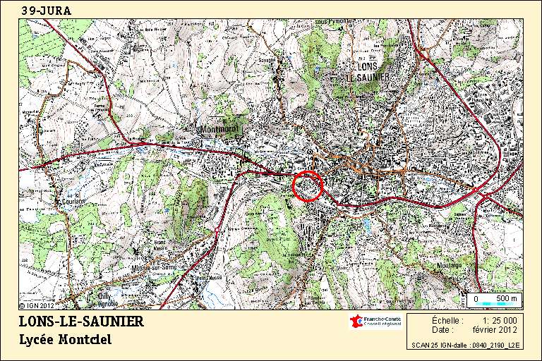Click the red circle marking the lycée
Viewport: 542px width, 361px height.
coord(307,186)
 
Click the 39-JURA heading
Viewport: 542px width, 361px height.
coord(46,10)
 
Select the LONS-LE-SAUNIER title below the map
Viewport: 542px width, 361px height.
coord(80,322)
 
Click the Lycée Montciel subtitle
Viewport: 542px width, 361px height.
coord(65,340)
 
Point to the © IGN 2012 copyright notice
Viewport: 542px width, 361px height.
coord(37,305)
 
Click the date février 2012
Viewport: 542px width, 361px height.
coord(498,329)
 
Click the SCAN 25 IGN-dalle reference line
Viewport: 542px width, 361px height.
coord(466,345)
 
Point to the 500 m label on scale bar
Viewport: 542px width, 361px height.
coord(507,299)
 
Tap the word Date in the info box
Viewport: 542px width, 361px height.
coord(442,329)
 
